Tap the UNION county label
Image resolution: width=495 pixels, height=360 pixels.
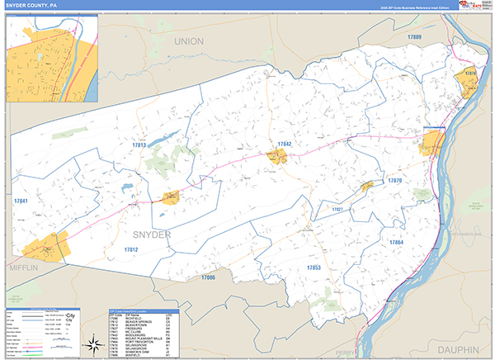coord(188,40)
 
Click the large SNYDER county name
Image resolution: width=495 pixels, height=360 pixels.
coord(151,234)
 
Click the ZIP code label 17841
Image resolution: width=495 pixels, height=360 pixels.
coord(21,201)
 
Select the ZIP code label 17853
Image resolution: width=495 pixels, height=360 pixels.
coord(313,268)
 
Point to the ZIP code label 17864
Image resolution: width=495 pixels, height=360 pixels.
coord(395,242)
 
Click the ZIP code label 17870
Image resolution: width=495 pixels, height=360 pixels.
coord(394,180)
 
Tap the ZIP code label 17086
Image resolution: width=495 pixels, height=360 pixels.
coord(208,277)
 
